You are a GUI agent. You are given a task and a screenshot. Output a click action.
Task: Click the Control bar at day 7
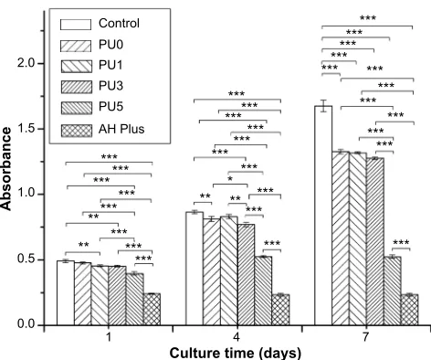pos(323,216)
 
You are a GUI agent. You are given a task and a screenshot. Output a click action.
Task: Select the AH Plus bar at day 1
pos(152,309)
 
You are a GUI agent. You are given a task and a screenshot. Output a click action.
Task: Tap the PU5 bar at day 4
pos(263,291)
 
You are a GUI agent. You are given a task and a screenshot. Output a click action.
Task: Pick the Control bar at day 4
pos(194,269)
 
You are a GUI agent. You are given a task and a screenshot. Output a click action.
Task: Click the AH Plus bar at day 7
pos(409,310)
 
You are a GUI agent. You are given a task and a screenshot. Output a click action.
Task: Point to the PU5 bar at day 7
pos(393,291)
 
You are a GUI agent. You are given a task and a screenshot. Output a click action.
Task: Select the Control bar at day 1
pos(66,293)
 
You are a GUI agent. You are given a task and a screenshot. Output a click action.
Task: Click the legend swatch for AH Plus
pos(76,131)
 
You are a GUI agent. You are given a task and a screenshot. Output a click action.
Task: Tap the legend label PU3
pos(110,86)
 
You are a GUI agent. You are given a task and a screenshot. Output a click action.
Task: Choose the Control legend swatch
pos(76,25)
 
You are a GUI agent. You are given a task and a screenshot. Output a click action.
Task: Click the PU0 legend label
pos(110,45)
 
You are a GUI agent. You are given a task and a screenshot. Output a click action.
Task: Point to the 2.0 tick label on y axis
pos(26,63)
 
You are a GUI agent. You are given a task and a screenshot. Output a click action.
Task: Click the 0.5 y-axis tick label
pos(26,259)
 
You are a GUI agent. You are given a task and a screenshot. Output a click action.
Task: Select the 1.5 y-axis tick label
pos(26,129)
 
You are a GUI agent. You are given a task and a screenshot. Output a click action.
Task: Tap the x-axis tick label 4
pos(237,337)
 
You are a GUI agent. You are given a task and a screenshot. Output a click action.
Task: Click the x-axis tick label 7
pos(365,337)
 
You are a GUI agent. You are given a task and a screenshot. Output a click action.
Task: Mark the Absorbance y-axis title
pos(6,169)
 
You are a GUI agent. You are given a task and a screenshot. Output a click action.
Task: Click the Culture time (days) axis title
pos(235,353)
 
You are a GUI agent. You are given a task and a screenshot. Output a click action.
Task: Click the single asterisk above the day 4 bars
pos(230,179)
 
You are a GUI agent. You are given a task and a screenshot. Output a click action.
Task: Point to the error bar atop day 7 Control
pos(323,106)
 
